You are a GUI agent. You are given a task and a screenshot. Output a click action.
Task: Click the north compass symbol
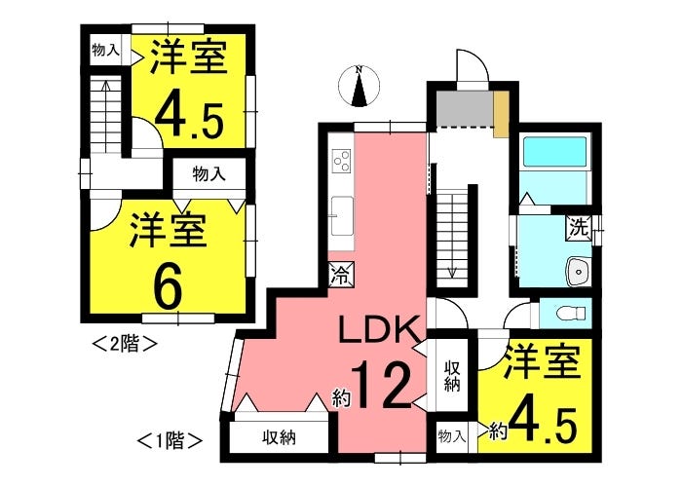tap(360, 86)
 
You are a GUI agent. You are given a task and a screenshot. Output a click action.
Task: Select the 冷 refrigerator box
tap(341, 275)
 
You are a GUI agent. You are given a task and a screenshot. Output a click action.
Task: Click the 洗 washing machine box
tap(579, 230)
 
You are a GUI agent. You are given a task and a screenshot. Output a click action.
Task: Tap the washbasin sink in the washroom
tap(579, 270)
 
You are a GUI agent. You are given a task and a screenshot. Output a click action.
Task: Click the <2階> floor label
tap(124, 343)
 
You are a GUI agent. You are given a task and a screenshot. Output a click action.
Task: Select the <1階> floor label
tap(171, 439)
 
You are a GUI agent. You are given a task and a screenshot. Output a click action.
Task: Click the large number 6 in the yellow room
tap(168, 282)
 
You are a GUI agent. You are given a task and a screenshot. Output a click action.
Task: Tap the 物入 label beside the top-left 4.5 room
tap(106, 50)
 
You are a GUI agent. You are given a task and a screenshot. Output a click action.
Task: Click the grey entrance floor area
tap(464, 110)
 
